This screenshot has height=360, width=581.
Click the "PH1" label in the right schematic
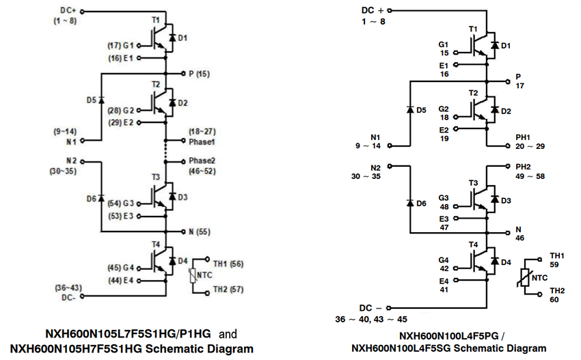click(x=523, y=137)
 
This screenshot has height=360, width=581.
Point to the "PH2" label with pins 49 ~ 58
click(x=523, y=167)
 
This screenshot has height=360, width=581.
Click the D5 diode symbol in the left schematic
click(x=101, y=100)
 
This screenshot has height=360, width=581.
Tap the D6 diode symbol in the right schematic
click(x=410, y=203)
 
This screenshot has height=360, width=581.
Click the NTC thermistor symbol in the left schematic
click(x=192, y=276)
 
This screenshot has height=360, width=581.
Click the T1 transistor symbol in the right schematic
click(x=476, y=45)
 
